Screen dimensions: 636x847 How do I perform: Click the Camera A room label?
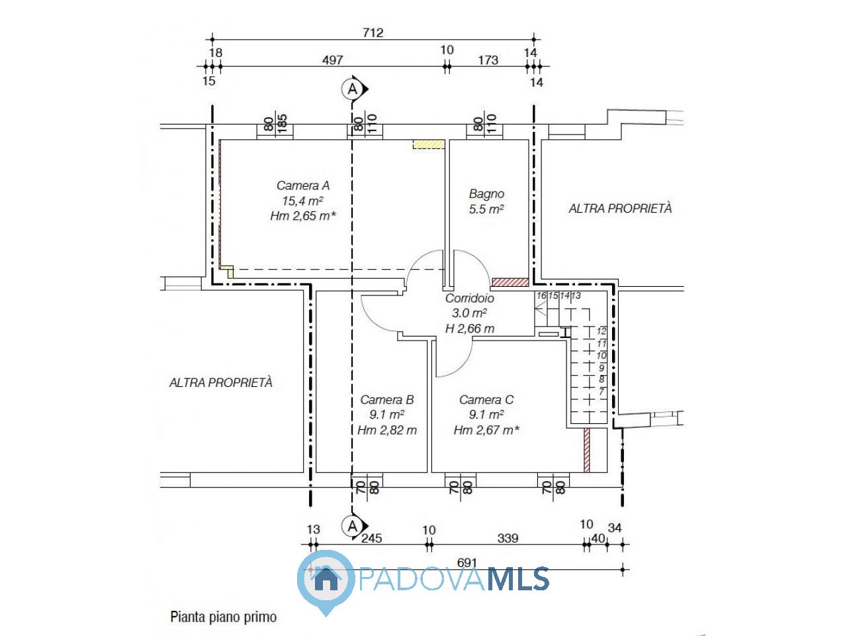[x=302, y=185]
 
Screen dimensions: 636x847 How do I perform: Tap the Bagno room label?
[x=486, y=194]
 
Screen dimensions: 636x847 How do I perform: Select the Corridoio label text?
[x=469, y=299]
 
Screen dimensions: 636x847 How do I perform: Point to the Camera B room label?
[x=386, y=400]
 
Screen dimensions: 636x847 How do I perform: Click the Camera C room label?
[x=486, y=400]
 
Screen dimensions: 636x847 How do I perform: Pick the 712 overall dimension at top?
[x=373, y=32]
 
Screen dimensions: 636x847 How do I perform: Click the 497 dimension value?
[x=332, y=60]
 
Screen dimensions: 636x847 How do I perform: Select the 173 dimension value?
[x=487, y=60]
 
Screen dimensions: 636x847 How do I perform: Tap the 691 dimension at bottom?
[x=467, y=562]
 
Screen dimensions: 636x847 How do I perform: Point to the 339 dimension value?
[x=507, y=538]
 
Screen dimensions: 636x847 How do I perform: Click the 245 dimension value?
[x=371, y=538]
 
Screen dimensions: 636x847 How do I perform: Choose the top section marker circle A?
[x=352, y=88]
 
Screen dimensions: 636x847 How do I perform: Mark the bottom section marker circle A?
[x=351, y=527]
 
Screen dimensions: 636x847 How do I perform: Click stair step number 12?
[x=602, y=331]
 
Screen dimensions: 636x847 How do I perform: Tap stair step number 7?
[x=602, y=392]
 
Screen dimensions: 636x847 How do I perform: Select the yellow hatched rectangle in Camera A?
[x=428, y=144]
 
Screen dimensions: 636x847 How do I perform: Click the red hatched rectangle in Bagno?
[x=510, y=282]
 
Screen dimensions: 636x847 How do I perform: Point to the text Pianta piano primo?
[x=224, y=617]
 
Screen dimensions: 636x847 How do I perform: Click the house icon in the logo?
[x=325, y=578]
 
